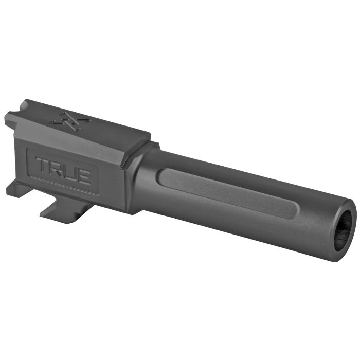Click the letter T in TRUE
coord(43,165)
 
